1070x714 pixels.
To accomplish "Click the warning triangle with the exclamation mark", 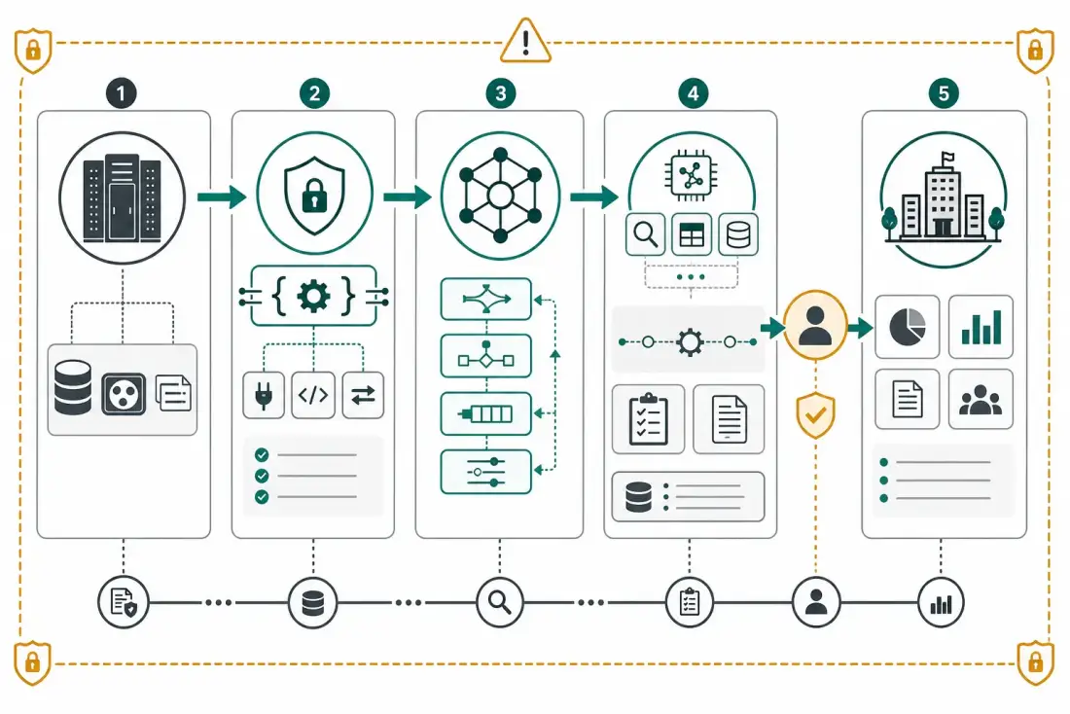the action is pyautogui.click(x=525, y=41).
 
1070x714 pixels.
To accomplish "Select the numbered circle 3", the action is pyautogui.click(x=500, y=92).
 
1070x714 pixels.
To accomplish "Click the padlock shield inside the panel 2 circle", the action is pyautogui.click(x=314, y=196).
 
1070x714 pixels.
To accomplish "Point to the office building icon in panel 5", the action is pyautogui.click(x=944, y=196).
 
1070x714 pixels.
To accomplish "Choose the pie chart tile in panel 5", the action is pyautogui.click(x=907, y=326).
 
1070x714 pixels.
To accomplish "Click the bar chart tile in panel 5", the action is pyautogui.click(x=981, y=326).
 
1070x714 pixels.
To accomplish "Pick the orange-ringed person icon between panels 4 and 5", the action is pyautogui.click(x=815, y=326).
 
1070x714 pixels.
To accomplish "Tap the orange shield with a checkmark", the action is pyautogui.click(x=815, y=415).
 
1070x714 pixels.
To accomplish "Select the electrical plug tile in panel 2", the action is pyautogui.click(x=264, y=395).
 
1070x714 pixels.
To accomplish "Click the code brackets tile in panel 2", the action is pyautogui.click(x=313, y=395).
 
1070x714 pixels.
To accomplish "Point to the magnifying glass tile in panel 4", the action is pyautogui.click(x=646, y=234).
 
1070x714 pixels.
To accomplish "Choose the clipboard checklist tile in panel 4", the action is pyautogui.click(x=648, y=419).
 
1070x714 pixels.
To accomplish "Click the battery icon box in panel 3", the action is pyautogui.click(x=485, y=413).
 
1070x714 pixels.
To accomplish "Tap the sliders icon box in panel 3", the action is pyautogui.click(x=485, y=472).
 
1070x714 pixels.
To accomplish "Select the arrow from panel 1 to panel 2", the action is pyautogui.click(x=222, y=196).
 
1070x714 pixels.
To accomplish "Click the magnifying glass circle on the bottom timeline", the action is pyautogui.click(x=500, y=603).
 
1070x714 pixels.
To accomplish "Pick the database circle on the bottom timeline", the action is pyautogui.click(x=312, y=603).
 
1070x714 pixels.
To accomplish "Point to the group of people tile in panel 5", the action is pyautogui.click(x=981, y=400).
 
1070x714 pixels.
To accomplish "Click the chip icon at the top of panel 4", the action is pyautogui.click(x=692, y=176).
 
